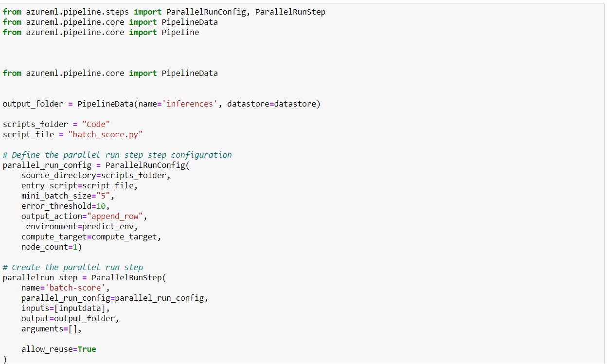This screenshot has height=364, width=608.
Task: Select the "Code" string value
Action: click(x=96, y=124)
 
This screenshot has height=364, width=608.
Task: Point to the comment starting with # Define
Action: click(x=117, y=155)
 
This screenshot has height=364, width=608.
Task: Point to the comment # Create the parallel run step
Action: click(x=73, y=267)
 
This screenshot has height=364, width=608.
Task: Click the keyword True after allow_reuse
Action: click(x=87, y=349)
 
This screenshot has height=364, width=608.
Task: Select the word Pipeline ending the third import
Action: click(x=180, y=32)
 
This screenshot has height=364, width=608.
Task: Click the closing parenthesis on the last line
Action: click(x=5, y=359)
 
